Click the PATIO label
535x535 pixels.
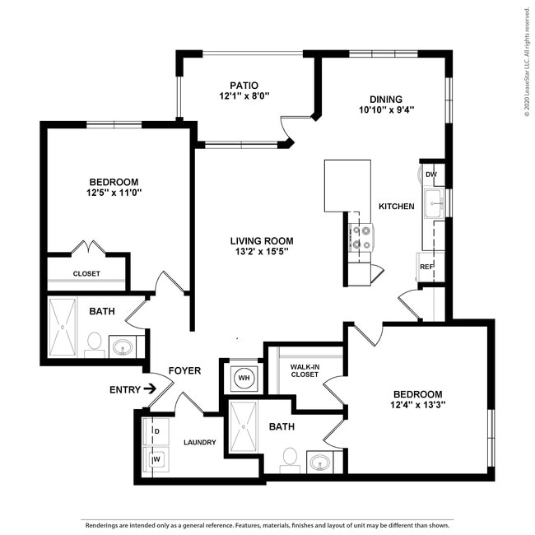[244, 85]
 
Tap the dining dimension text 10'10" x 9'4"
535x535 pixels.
[386, 109]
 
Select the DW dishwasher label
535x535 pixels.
[431, 174]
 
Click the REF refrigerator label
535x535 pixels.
[426, 267]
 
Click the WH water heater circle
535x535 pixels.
[244, 378]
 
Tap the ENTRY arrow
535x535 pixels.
[151, 388]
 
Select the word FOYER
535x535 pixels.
[184, 371]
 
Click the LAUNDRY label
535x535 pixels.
[199, 442]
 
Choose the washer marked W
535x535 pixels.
[156, 458]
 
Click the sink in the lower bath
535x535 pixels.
[319, 462]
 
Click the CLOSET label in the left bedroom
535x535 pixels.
[86, 273]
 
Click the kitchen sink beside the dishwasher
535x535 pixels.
[434, 203]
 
